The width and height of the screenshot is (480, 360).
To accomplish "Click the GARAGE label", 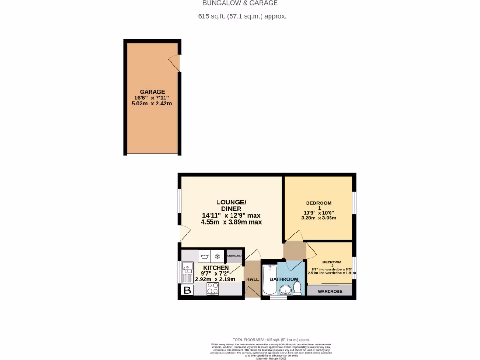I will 152,92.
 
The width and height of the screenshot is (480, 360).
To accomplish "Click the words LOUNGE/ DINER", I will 231,205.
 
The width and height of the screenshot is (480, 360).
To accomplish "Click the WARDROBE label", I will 330,292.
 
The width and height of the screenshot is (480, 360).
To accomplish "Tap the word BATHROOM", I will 284,279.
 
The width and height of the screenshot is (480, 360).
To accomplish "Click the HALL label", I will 253,279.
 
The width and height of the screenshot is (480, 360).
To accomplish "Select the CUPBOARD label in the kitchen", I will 234,256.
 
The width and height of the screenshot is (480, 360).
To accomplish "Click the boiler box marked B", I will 187,291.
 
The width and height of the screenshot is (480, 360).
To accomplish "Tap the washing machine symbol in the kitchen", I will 204,256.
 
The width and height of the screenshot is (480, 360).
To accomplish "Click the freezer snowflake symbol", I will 217,256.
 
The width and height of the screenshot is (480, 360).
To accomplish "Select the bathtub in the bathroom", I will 270,280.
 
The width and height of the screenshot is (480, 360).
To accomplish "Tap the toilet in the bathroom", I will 297,287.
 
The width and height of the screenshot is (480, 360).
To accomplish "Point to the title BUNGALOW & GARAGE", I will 240,3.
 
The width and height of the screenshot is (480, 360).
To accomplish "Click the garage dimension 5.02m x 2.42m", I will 152,104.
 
